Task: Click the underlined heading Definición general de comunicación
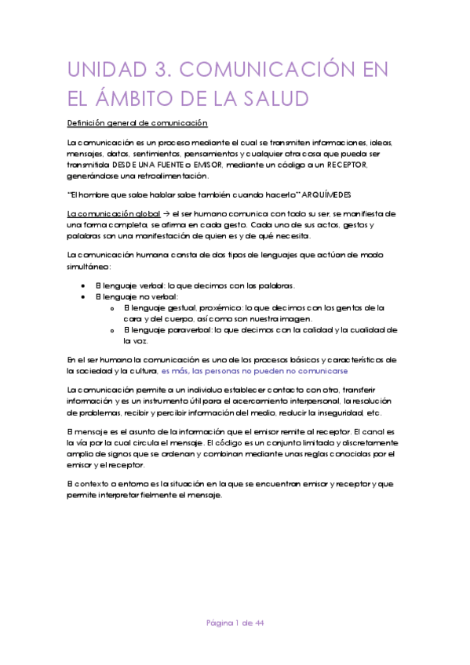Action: (x=137, y=123)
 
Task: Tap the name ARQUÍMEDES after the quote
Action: (x=334, y=194)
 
